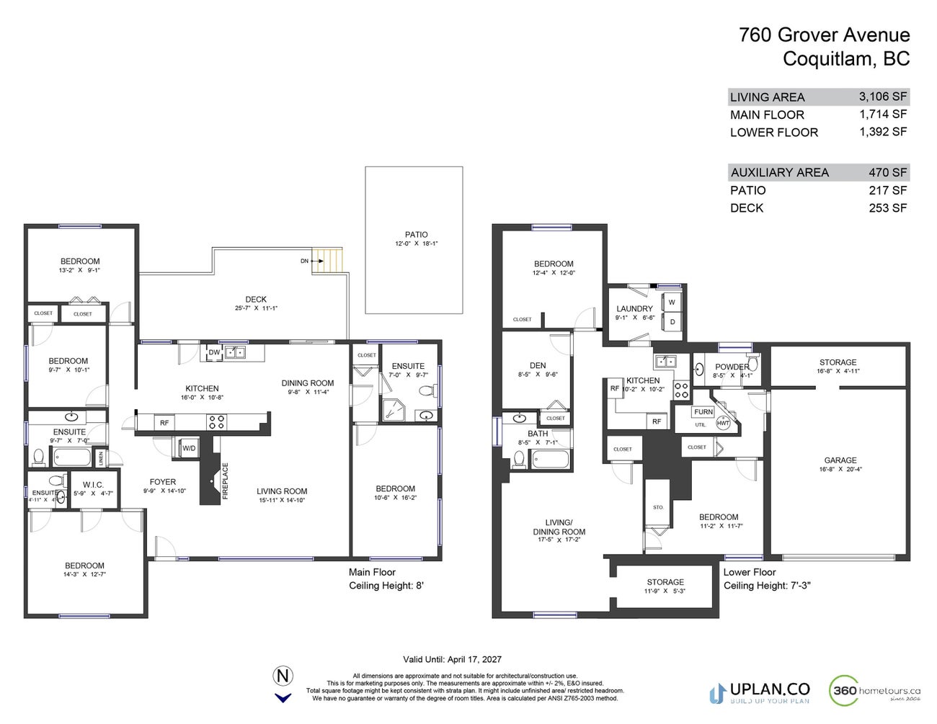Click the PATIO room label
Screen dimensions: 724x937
[416, 235]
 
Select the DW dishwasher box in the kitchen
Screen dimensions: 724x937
[214, 352]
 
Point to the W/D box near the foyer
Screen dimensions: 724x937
[189, 448]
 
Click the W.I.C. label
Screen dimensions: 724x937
[93, 485]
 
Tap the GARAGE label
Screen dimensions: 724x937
[840, 460]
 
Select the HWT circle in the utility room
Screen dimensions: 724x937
[723, 424]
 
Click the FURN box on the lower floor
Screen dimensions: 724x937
[703, 412]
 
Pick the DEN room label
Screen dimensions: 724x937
[538, 365]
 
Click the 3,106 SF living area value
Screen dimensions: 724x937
[882, 97]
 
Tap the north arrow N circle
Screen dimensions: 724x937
[283, 676]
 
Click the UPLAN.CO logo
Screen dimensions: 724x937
[760, 692]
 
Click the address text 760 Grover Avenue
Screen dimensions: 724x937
[824, 35]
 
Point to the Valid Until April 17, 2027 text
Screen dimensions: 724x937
[452, 659]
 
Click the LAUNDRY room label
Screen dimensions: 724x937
[634, 308]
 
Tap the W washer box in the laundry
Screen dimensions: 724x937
[672, 303]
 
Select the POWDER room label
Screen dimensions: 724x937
[731, 367]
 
